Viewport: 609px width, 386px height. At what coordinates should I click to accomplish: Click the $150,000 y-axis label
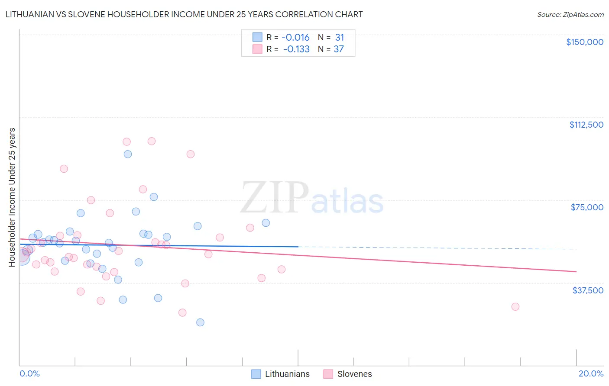584,42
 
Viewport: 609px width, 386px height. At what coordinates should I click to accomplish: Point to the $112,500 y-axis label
586,125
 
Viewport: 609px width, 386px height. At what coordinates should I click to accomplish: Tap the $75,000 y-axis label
587,207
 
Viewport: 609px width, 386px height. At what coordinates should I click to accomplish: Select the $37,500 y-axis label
588,290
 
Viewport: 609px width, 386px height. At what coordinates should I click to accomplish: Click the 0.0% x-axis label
29,373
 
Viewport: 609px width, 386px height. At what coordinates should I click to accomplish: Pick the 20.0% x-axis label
591,373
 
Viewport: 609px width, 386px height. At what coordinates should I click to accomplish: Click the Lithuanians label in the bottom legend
287,374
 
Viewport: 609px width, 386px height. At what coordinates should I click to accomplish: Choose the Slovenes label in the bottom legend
354,374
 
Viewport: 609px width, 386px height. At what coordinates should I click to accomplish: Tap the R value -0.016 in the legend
296,38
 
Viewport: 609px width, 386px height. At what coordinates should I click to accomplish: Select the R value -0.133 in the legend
296,49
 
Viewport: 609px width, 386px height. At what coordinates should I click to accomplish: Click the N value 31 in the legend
339,38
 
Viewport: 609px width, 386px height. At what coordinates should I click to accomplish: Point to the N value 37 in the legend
339,49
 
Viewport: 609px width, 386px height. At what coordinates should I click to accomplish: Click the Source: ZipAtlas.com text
570,15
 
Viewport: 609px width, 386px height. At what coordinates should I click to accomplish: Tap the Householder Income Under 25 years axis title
12,197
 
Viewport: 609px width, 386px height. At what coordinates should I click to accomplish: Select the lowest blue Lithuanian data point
200,322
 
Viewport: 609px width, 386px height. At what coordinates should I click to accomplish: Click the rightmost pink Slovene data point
515,307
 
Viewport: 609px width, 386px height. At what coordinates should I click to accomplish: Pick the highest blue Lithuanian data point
128,154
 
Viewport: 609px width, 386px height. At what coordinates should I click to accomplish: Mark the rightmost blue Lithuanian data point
266,223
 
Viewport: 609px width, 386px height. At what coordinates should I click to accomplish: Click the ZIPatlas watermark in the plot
312,198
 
